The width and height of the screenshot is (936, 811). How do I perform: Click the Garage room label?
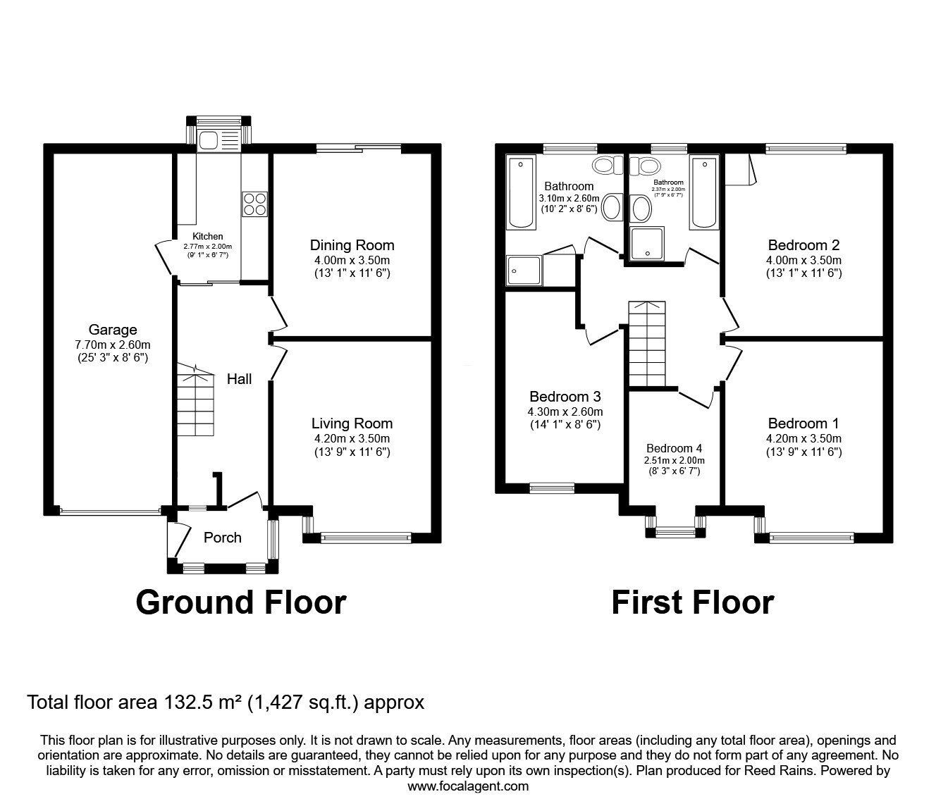pyautogui.click(x=113, y=330)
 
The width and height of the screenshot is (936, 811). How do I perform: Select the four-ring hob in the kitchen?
pyautogui.click(x=255, y=204)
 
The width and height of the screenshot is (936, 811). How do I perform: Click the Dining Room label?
pyautogui.click(x=352, y=245)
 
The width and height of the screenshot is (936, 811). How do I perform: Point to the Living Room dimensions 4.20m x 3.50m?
pyautogui.click(x=352, y=438)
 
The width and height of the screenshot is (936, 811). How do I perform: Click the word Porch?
pyautogui.click(x=222, y=538)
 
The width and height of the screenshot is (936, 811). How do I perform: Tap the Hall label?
pyautogui.click(x=239, y=379)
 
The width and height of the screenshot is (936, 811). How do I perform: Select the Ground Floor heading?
pyautogui.click(x=241, y=602)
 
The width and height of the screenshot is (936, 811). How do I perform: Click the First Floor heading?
pyautogui.click(x=693, y=602)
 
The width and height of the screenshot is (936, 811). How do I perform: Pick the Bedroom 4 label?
pyautogui.click(x=675, y=448)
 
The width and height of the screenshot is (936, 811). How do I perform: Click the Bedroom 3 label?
pyautogui.click(x=565, y=397)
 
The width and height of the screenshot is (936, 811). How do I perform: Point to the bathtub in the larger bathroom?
pyautogui.click(x=521, y=192)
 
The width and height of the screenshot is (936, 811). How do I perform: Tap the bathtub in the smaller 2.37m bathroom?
pyautogui.click(x=704, y=192)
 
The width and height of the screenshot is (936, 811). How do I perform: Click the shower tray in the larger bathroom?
pyautogui.click(x=524, y=271)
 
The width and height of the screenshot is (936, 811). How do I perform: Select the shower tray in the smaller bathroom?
pyautogui.click(x=648, y=244)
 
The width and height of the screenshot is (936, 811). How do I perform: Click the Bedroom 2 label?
pyautogui.click(x=803, y=245)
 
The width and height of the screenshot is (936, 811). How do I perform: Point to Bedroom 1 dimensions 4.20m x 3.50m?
pyautogui.click(x=803, y=438)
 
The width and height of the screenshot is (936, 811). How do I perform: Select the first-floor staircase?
pyautogui.click(x=646, y=344)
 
